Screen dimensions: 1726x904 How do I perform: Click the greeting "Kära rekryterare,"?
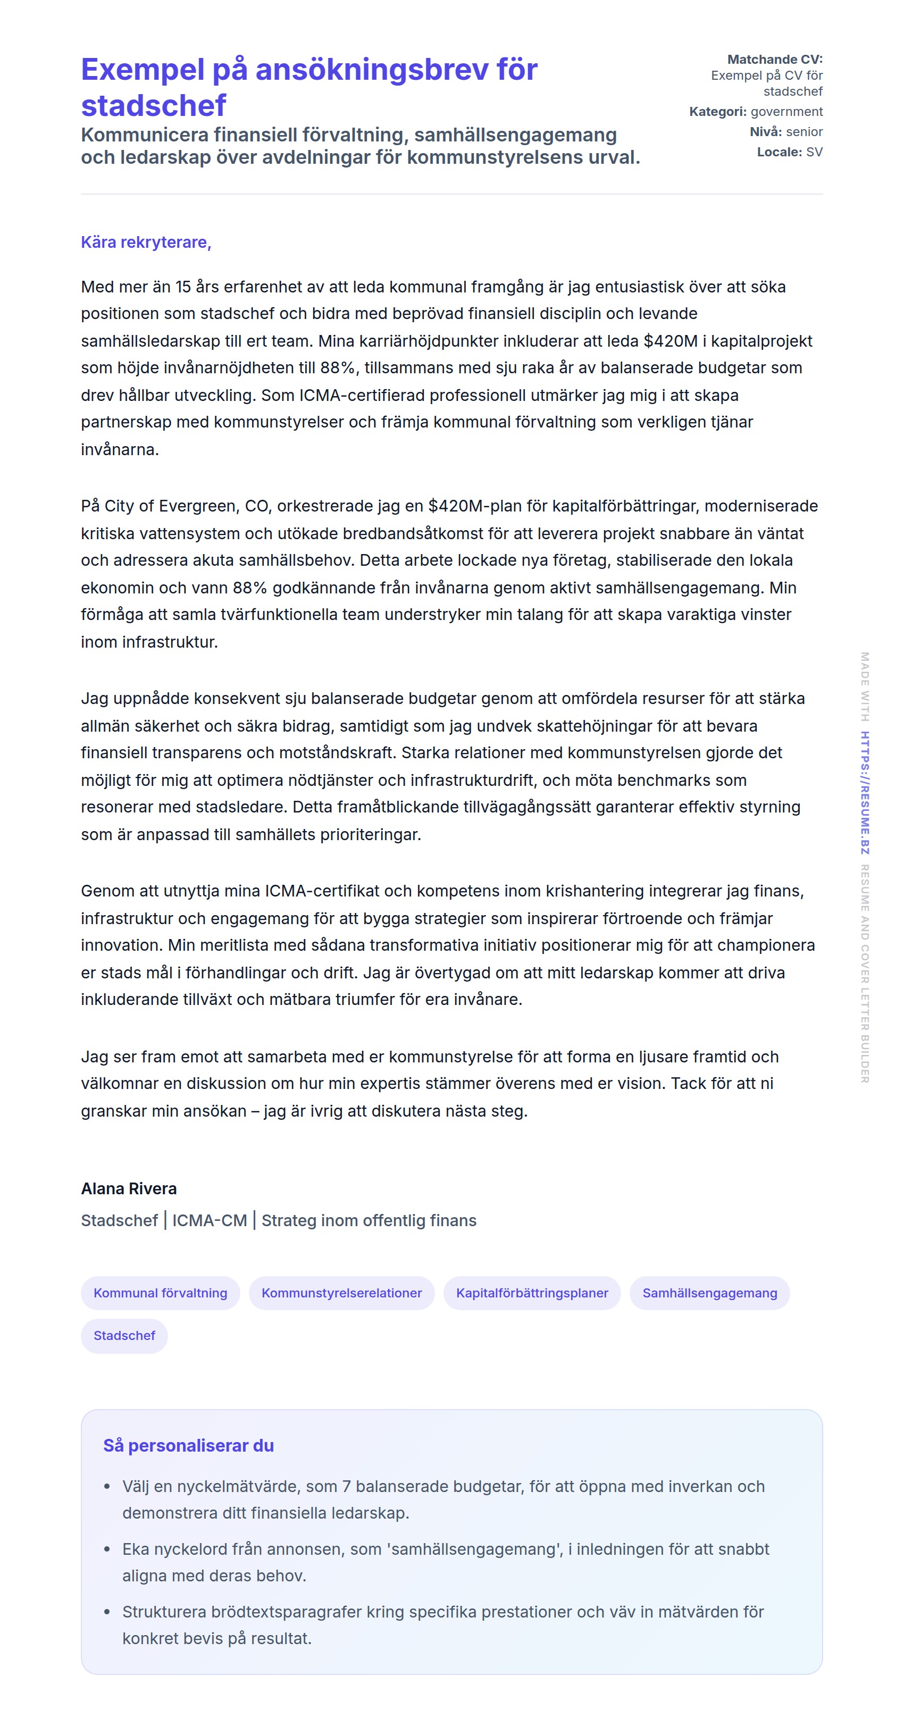click(146, 242)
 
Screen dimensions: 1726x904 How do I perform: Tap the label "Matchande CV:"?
click(775, 59)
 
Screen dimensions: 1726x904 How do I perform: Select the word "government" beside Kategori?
click(786, 111)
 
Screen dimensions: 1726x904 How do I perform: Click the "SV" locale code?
click(814, 152)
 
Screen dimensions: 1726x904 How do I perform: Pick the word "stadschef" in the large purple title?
click(154, 106)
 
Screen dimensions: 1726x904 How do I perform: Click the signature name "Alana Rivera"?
click(129, 1188)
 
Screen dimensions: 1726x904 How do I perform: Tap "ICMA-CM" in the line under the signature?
click(209, 1220)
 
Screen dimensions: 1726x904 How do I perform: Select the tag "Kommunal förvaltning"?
click(160, 1293)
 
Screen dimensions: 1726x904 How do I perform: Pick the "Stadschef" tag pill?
click(124, 1335)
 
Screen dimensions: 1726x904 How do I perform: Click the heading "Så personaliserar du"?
click(188, 1445)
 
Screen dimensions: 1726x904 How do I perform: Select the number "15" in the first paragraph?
click(183, 287)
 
